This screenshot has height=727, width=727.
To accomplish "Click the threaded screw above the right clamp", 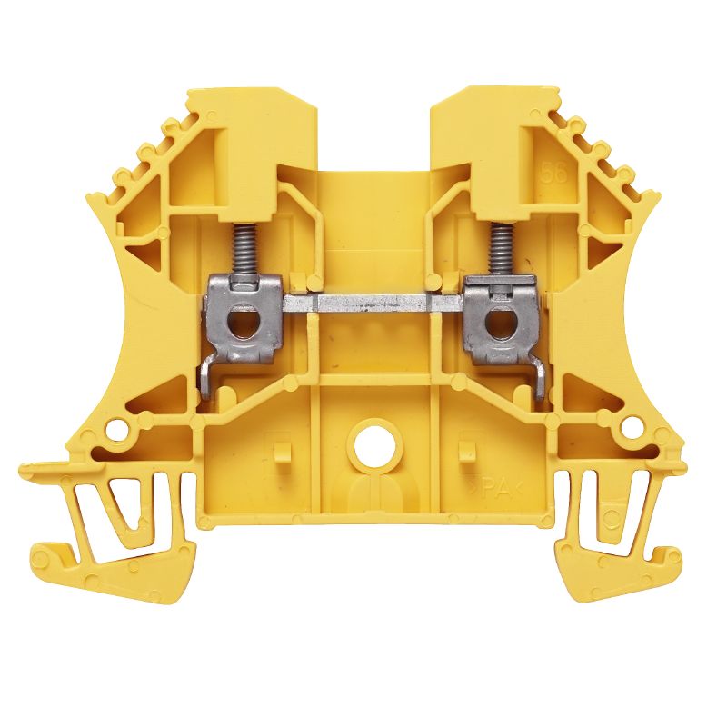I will pyautogui.click(x=498, y=251).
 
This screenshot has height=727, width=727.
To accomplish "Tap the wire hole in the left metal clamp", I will pyautogui.click(x=238, y=322).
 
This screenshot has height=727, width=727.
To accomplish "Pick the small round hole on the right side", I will pyautogui.click(x=623, y=425).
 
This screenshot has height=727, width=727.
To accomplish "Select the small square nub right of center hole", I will pyautogui.click(x=467, y=449).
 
